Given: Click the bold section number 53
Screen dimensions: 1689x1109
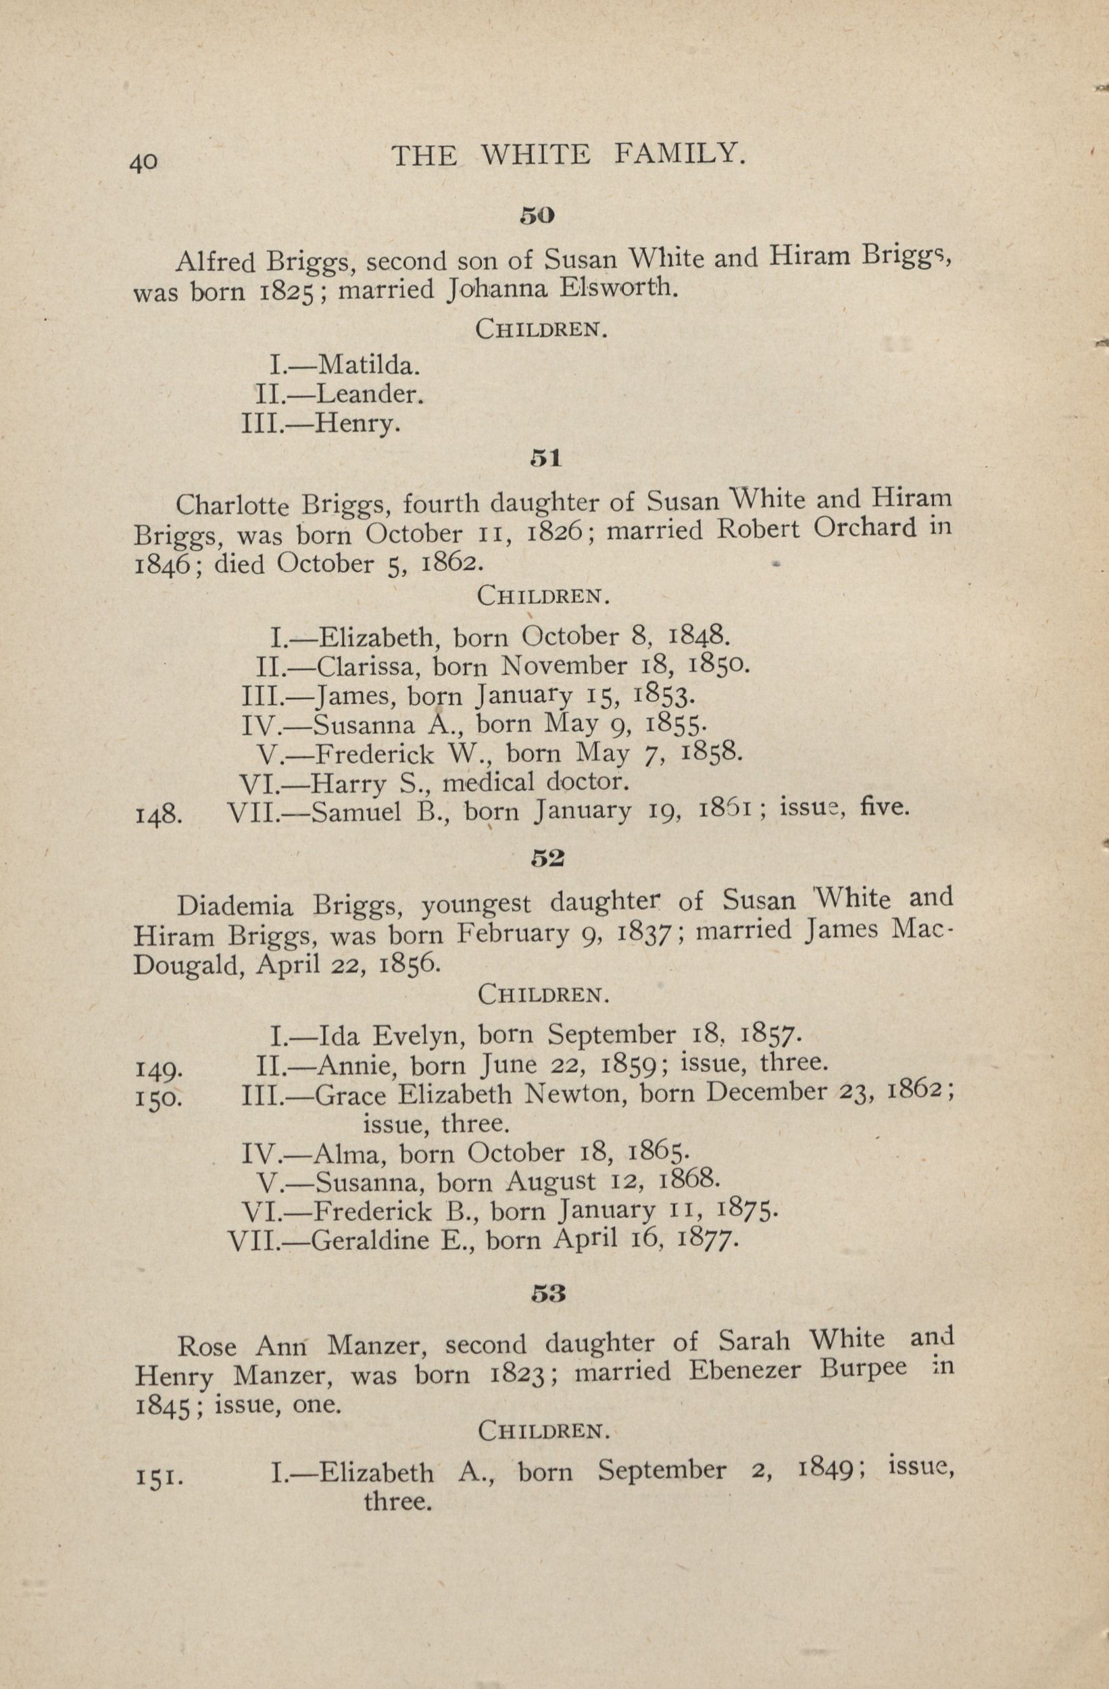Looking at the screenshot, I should click(547, 1293).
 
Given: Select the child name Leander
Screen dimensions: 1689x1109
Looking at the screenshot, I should click(369, 394).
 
